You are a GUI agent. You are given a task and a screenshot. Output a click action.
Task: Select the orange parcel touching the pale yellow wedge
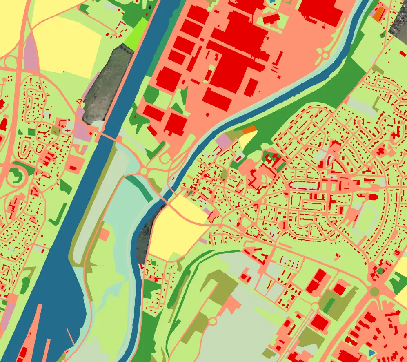[249, 130]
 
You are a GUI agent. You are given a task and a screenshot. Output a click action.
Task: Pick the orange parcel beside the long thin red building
[378, 13]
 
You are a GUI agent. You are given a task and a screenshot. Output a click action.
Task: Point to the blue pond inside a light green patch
[371, 352]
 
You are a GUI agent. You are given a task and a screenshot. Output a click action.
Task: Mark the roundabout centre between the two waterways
[144, 171]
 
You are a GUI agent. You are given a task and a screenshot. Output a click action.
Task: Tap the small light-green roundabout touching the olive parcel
[315, 306]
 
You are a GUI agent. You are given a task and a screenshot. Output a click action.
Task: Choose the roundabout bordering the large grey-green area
[212, 321]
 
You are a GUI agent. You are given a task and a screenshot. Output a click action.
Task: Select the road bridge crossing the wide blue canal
[108, 136]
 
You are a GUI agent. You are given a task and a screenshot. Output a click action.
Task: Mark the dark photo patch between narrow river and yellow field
[143, 241]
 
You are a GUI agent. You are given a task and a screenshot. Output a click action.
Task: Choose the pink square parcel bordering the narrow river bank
[223, 141]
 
